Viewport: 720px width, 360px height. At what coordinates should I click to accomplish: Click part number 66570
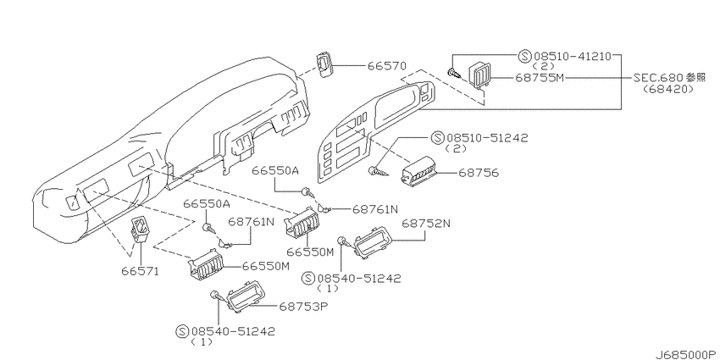click(x=386, y=66)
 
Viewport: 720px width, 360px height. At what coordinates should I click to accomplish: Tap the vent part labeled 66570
click(x=324, y=65)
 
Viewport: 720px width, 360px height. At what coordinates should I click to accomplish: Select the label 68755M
click(x=539, y=78)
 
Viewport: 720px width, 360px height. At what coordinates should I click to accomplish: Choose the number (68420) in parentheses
click(x=668, y=89)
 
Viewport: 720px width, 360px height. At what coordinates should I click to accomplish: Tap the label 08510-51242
click(x=488, y=137)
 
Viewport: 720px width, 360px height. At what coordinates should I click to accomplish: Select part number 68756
click(x=479, y=173)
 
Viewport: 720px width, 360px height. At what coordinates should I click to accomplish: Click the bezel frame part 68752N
click(x=372, y=242)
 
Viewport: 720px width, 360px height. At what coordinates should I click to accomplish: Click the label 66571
click(x=140, y=271)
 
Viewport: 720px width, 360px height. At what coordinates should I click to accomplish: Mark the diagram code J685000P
click(x=685, y=354)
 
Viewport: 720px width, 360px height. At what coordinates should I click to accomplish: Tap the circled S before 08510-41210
click(x=524, y=57)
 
